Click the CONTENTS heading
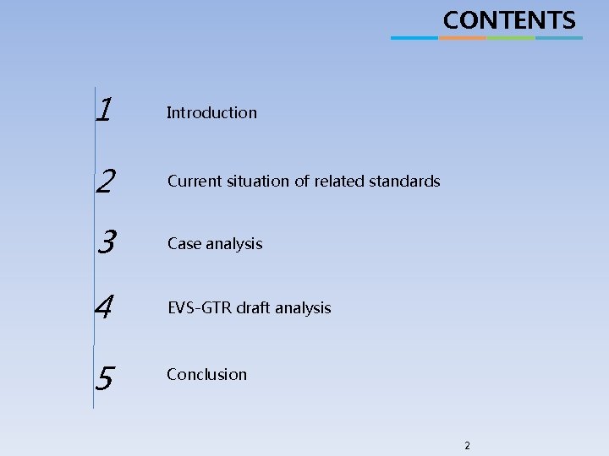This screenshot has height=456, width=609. coord(509,19)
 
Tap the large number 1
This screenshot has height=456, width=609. coord(105,109)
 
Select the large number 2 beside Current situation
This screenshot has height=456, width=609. coord(106,180)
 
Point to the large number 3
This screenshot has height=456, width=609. coord(106,242)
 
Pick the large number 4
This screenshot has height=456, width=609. coord(104,307)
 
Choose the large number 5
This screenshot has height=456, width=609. coord(104,378)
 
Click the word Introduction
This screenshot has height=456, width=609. coord(211,112)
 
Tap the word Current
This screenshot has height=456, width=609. coord(194,181)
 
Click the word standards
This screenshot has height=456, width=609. coord(404,181)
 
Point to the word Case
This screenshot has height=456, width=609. coord(183,244)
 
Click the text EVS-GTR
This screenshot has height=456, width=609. coord(200,308)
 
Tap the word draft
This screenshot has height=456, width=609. coord(254,308)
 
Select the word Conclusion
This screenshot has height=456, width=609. coord(206,374)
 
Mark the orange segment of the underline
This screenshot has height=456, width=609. coord(463,37)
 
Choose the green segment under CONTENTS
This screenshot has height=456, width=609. coord(511,37)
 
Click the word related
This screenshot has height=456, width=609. coord(339,181)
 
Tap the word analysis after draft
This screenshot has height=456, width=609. coord(304,308)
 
